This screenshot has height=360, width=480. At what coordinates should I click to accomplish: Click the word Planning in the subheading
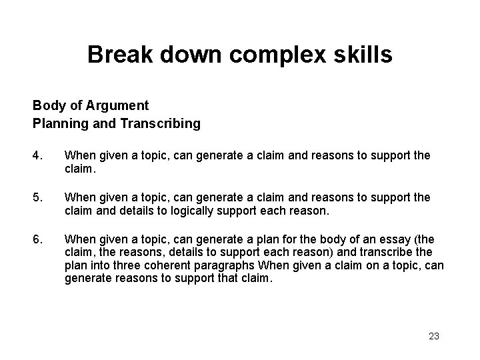point(56,123)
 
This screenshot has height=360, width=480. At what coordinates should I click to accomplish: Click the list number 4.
point(37,155)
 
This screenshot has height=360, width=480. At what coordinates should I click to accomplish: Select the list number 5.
point(37,198)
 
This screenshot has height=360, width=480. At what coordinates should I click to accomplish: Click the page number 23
point(433,336)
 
